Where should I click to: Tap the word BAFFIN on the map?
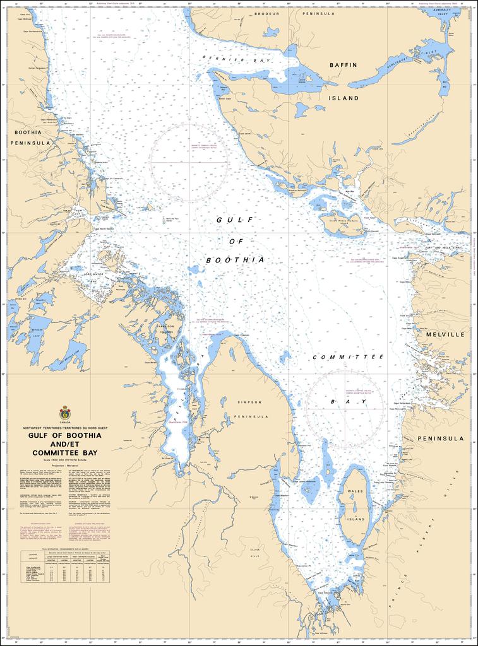tap(344, 65)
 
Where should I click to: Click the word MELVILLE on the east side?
tap(445, 334)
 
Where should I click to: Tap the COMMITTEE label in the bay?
tap(349, 357)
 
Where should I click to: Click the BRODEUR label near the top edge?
tap(266, 13)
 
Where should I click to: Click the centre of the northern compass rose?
tap(189, 162)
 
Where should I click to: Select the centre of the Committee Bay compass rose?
tap(345, 408)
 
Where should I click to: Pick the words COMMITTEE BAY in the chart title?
tap(64, 452)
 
